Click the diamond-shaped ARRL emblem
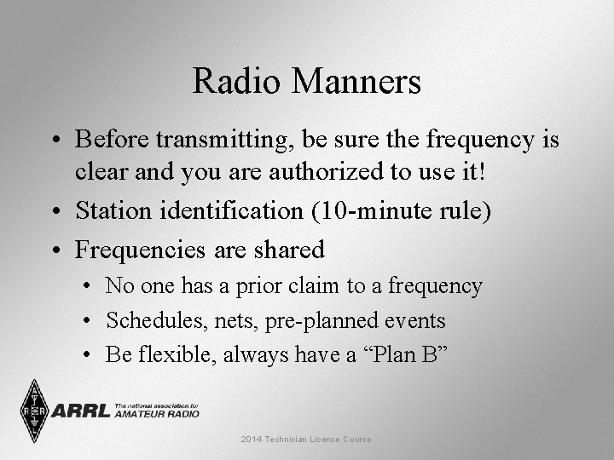[x=35, y=410]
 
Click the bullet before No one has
[x=91, y=287]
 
